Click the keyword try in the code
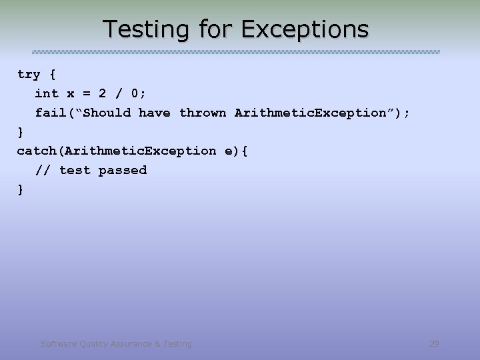(x=29, y=74)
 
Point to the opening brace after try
(x=52, y=74)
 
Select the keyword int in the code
(x=47, y=93)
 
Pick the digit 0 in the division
(x=141, y=93)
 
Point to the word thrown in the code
(x=203, y=113)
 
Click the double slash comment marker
(x=42, y=170)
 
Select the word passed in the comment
(x=123, y=170)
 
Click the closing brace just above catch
(x=21, y=131)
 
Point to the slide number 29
(x=434, y=343)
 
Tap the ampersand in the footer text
(x=157, y=344)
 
